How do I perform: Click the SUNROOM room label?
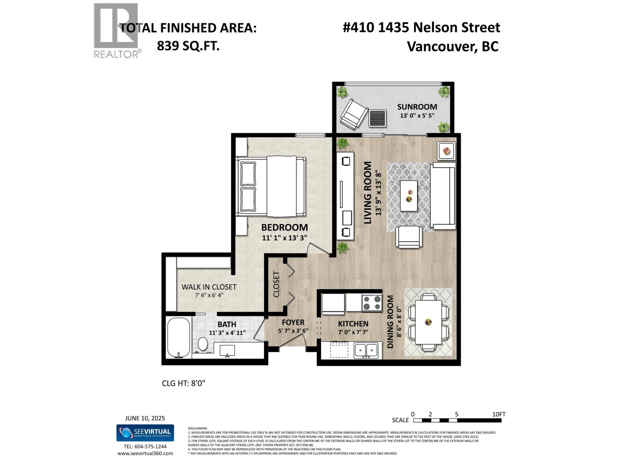[x=417, y=107]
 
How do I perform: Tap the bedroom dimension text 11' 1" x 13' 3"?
[x=285, y=238]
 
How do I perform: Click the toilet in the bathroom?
[x=203, y=344]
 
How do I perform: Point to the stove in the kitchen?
[x=372, y=303]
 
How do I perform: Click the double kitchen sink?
[x=366, y=350]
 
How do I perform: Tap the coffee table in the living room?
[x=409, y=195]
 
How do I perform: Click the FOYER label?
[x=293, y=323]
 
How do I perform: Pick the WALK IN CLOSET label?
[x=209, y=287]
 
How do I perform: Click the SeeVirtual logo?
[x=145, y=433]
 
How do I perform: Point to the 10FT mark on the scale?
[x=499, y=414]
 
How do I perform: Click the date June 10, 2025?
[x=145, y=418]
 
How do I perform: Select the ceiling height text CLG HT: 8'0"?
[x=183, y=383]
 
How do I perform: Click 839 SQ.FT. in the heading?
[x=188, y=46]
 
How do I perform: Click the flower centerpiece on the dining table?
[x=428, y=322]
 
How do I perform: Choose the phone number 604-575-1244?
[x=145, y=447]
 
